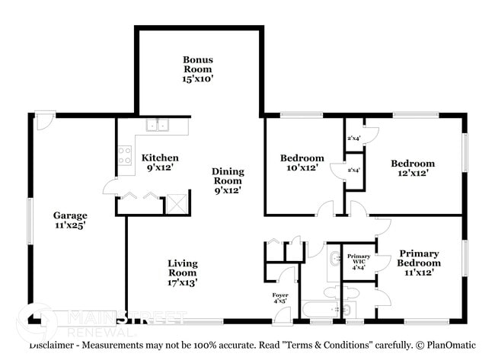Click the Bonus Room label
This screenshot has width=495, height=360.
click(197, 69)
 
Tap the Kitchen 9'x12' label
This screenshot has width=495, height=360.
click(161, 162)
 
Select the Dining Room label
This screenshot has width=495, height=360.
click(228, 180)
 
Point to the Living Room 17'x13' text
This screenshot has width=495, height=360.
click(183, 272)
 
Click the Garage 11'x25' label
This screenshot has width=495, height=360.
click(69, 220)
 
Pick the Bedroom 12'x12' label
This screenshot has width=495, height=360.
click(413, 167)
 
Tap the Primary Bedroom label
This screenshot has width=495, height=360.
click(419, 263)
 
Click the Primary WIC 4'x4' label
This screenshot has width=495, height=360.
click(359, 261)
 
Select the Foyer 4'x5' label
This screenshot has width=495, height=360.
click(280, 298)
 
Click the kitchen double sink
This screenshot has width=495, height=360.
click(158, 126)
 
